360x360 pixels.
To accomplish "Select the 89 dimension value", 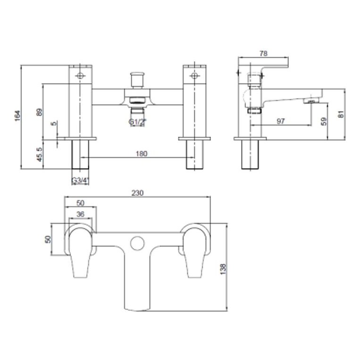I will coord(39,112).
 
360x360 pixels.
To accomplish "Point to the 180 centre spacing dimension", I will coord(141,153).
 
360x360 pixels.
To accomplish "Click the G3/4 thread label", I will coord(81,180).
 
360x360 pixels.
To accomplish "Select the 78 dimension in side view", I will coord(264,54).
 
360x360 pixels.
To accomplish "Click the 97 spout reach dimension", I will coord(280,121).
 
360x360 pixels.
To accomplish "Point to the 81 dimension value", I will coord(342,113).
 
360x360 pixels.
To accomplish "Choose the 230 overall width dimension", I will coord(138,193).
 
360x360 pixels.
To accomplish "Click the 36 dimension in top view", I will coord(80,214).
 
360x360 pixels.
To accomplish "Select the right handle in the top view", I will coord(194,250).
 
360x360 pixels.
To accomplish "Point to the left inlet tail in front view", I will coord(81,154).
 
